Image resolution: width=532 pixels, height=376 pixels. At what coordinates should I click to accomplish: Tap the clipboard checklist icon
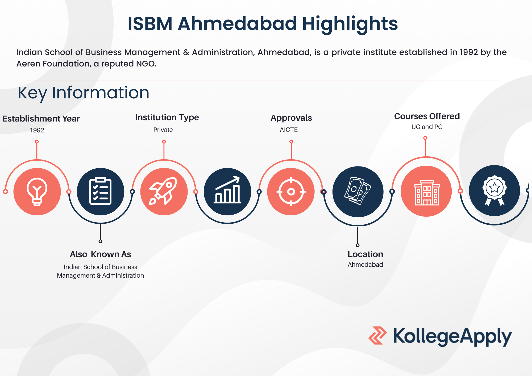tap(100, 191)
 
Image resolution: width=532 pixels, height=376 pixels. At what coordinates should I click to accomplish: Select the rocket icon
tap(163, 191)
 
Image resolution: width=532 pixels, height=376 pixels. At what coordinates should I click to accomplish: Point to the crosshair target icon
tap(291, 191)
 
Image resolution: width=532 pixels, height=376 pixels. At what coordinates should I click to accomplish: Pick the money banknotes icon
tap(358, 191)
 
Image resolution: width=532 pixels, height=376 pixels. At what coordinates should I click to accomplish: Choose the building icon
tap(427, 193)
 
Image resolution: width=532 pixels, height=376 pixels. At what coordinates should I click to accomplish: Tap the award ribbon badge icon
tap(494, 190)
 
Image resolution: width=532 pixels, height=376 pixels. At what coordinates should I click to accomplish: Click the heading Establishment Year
tap(41, 119)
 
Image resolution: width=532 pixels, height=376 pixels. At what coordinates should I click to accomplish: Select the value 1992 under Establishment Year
tap(37, 130)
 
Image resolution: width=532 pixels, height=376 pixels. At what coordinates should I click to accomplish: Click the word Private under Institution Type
tap(163, 130)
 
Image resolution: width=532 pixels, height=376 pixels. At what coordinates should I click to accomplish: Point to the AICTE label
tap(289, 130)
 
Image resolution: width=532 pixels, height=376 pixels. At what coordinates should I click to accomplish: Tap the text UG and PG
tap(427, 127)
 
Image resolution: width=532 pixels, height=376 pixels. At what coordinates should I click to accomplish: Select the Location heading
tap(365, 254)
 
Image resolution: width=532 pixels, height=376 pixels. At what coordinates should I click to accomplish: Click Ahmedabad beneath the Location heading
tap(365, 265)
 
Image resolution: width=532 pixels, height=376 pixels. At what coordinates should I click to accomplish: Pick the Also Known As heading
tap(100, 254)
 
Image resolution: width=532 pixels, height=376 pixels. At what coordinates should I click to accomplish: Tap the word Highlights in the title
tap(350, 24)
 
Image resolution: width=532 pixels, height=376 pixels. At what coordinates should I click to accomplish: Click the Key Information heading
tap(84, 93)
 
